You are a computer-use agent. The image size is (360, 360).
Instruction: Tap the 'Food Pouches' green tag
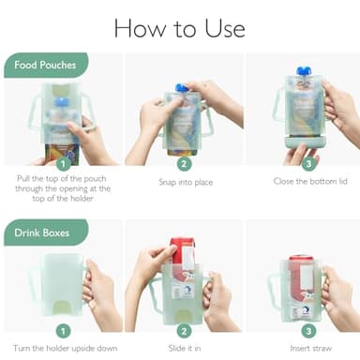point(44,67)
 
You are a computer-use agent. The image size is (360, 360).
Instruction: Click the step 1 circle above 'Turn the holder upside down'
point(62,329)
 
